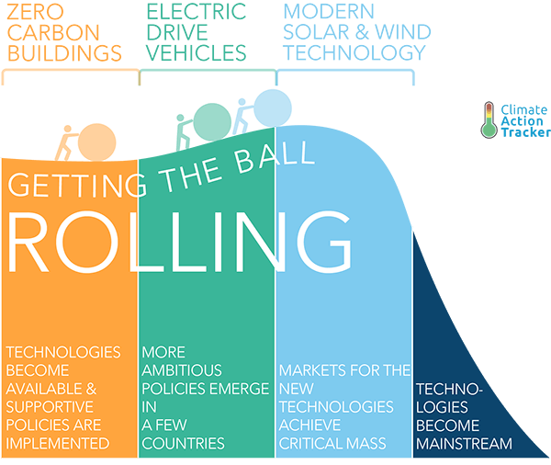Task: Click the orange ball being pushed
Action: tap(97, 142)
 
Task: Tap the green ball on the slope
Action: tap(212, 122)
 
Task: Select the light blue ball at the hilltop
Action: tap(273, 108)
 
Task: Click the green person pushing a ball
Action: tap(185, 132)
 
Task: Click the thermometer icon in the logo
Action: tap(489, 120)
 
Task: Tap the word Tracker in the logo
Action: tap(525, 132)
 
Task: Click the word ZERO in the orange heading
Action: tap(36, 12)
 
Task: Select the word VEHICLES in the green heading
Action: tap(197, 52)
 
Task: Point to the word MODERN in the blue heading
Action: tap(329, 12)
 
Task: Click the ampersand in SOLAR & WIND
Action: tap(362, 32)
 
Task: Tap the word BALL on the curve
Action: tap(274, 156)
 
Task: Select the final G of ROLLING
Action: tap(323, 242)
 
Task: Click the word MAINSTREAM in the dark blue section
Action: tap(464, 444)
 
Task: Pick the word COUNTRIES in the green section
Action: tap(183, 444)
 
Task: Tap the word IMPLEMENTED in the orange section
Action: tap(58, 444)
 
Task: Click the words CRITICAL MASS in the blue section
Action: tap(332, 444)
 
